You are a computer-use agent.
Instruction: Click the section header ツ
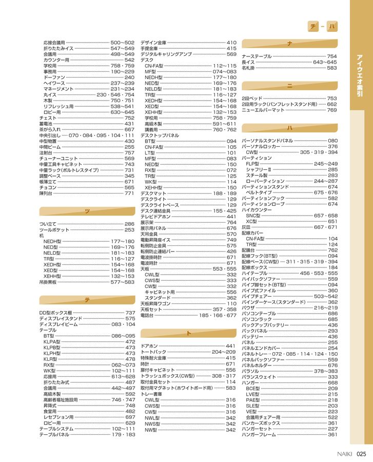pos(87,211)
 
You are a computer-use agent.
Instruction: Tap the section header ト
pos(188,334)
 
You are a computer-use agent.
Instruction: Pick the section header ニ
pos(289,86)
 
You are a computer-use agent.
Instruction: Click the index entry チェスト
pos(48,118)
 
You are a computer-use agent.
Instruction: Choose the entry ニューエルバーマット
pos(263,110)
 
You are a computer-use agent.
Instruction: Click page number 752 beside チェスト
pos(129,118)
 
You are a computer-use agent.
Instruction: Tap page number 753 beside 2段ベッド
pos(332,98)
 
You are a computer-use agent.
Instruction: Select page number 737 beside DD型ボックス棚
pos(130,313)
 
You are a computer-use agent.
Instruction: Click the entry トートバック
pos(153,352)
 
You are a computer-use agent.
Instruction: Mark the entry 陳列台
pos(46,194)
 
